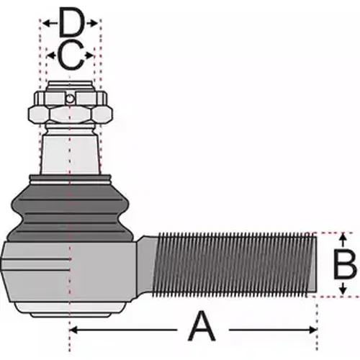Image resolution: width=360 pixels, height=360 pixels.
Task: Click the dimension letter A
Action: tap(202, 325)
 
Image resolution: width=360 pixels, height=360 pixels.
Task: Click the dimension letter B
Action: tap(345, 264)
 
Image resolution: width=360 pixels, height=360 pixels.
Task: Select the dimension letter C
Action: tap(71, 55)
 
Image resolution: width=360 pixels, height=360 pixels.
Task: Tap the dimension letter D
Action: tap(71, 22)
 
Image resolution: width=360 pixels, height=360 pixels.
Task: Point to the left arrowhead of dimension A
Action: tap(73, 330)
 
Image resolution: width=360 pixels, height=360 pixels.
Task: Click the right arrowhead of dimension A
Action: tap(313, 330)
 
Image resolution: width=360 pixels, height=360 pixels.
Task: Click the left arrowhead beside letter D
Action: tap(46, 23)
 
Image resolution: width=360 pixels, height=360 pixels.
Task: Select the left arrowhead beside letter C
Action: tap(51, 55)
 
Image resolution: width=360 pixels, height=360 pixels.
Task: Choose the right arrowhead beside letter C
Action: tap(89, 55)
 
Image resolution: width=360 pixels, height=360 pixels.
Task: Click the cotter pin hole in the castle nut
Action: tap(70, 98)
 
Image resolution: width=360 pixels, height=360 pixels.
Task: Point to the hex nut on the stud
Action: tap(71, 114)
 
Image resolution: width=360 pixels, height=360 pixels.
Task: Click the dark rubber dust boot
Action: tap(70, 209)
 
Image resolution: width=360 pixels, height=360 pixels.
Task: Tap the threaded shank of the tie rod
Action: tap(234, 264)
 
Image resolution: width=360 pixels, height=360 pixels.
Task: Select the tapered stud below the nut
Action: tap(70, 153)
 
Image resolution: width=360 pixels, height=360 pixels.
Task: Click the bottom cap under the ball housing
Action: tap(71, 310)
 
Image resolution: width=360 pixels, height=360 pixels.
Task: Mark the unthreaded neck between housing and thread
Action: tap(146, 264)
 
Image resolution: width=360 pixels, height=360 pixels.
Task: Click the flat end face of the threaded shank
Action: tap(312, 264)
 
